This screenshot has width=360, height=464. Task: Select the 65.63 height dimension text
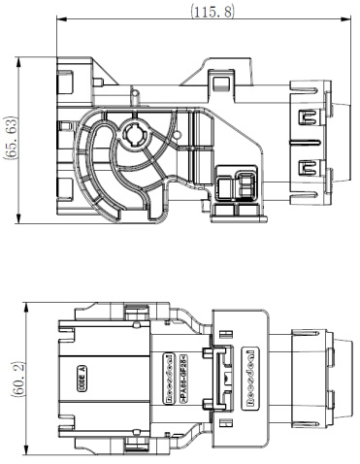(12, 140)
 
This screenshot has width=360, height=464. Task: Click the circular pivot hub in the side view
(133, 139)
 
